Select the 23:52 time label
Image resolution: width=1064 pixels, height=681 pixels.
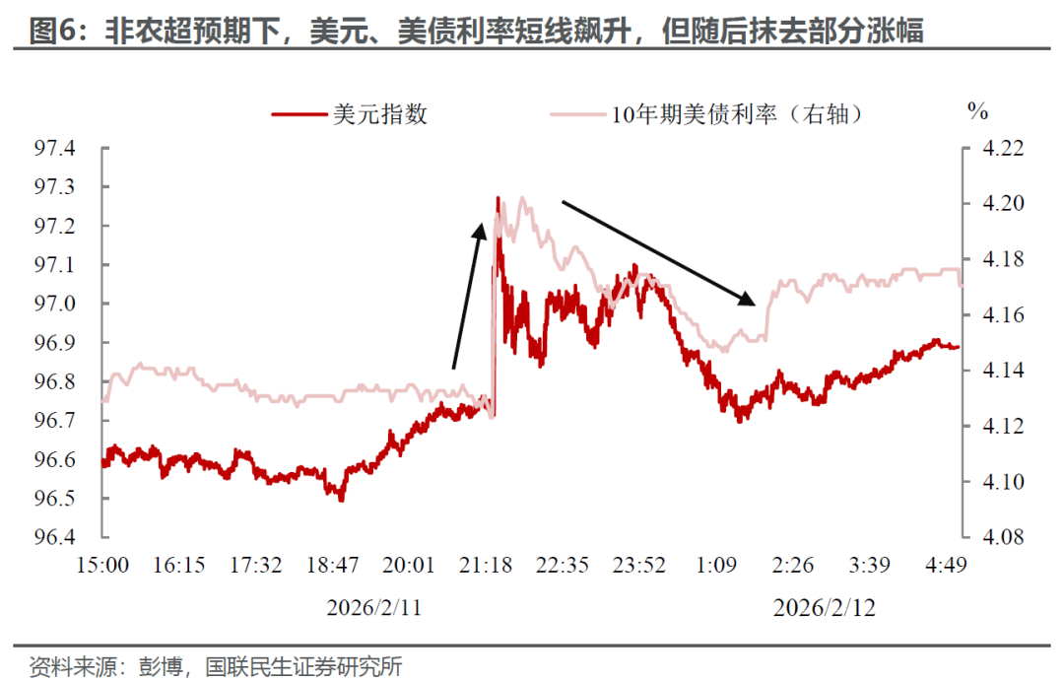click(x=639, y=565)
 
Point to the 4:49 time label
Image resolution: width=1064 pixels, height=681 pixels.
click(x=946, y=565)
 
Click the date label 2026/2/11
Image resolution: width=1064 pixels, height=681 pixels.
click(x=374, y=608)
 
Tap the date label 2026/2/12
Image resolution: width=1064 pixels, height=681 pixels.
click(x=825, y=608)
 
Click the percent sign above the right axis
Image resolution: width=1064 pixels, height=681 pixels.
click(x=977, y=111)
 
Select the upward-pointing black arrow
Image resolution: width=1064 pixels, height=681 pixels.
click(x=467, y=296)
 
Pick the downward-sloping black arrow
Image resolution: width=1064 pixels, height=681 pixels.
click(x=658, y=252)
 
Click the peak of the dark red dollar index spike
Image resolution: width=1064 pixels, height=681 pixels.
click(x=498, y=198)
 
